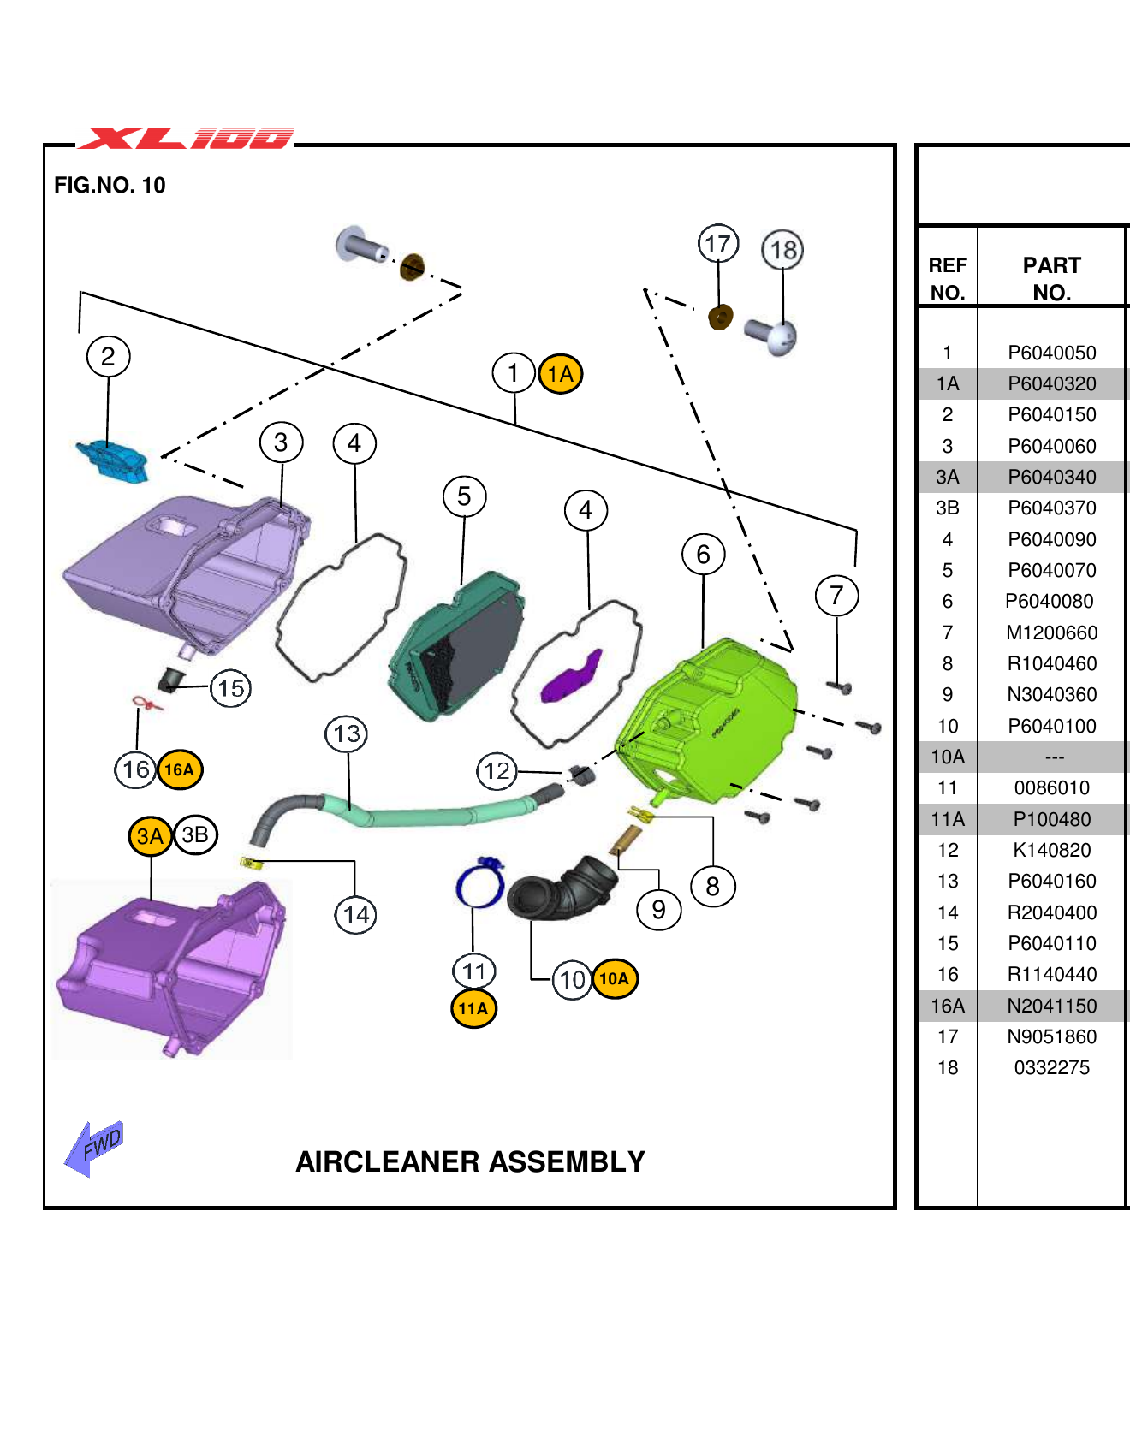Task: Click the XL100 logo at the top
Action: click(x=187, y=138)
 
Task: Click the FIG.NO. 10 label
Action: click(x=110, y=185)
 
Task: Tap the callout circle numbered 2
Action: click(x=108, y=356)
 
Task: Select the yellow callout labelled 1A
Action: click(x=561, y=374)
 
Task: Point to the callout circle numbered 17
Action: click(x=718, y=244)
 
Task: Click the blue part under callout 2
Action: click(x=112, y=460)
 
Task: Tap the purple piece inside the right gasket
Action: click(x=572, y=677)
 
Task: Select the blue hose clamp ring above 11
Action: click(x=479, y=885)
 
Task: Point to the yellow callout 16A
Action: click(x=180, y=769)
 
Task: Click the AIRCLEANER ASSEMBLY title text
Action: click(x=470, y=1161)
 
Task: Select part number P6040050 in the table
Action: click(x=1051, y=353)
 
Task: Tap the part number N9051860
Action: click(x=1051, y=1036)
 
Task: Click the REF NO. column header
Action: click(x=948, y=278)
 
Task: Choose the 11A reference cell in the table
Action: click(x=948, y=819)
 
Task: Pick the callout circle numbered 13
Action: click(x=347, y=733)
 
